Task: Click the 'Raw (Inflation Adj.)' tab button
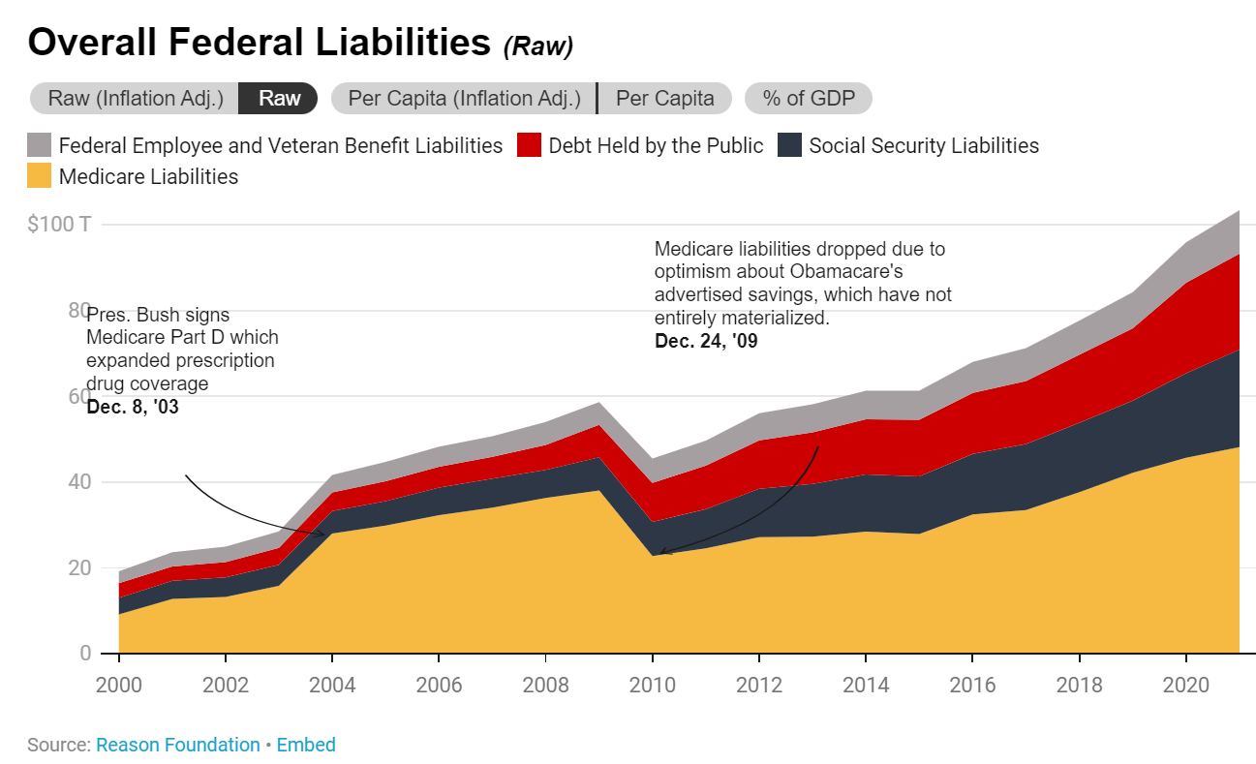click(x=135, y=99)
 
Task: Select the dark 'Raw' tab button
click(x=280, y=99)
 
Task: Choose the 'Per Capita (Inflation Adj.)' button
click(x=464, y=99)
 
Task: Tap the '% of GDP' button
click(x=808, y=99)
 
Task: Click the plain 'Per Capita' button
click(x=665, y=99)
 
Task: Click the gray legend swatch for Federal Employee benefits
click(x=39, y=146)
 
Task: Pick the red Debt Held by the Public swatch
click(x=529, y=146)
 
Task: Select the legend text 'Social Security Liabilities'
click(x=923, y=146)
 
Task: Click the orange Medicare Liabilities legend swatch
click(x=39, y=176)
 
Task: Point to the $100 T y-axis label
click(x=59, y=225)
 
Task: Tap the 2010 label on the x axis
click(x=653, y=685)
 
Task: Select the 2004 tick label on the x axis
click(x=332, y=685)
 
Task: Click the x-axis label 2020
click(x=1186, y=685)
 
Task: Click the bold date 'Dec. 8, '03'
click(x=133, y=408)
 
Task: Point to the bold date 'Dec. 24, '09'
click(x=706, y=341)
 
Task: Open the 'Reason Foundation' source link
click(x=177, y=745)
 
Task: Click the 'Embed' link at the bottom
click(x=306, y=745)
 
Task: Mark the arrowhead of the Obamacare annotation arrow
click(x=661, y=553)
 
